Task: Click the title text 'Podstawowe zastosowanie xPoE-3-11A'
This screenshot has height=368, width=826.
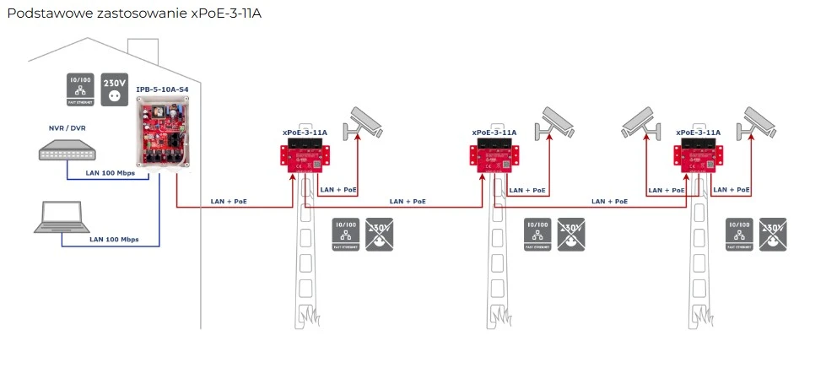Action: pyautogui.click(x=134, y=15)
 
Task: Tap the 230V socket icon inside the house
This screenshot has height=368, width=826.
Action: pyautogui.click(x=114, y=89)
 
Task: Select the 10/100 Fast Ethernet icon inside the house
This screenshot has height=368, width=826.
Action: pyautogui.click(x=80, y=89)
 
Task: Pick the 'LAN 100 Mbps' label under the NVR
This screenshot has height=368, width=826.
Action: pyautogui.click(x=111, y=173)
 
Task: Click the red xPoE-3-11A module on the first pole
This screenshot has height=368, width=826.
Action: pyautogui.click(x=305, y=158)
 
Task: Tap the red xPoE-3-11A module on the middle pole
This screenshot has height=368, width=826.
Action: pyautogui.click(x=494, y=158)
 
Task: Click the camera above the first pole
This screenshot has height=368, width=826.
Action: pyautogui.click(x=362, y=123)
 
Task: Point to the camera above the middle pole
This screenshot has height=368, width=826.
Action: pyautogui.click(x=563, y=123)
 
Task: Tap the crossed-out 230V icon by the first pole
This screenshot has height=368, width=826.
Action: pyautogui.click(x=380, y=235)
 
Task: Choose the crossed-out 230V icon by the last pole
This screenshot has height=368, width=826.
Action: pyautogui.click(x=774, y=235)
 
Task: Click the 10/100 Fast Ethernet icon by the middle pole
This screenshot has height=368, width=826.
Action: pyautogui.click(x=537, y=235)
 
